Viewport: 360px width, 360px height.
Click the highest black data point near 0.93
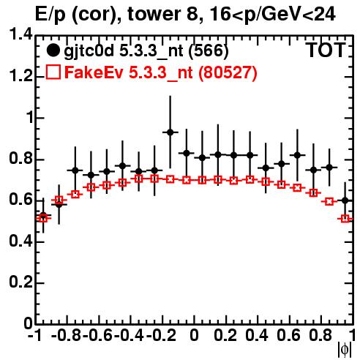pos(170,132)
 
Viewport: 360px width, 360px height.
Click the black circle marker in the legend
pos(53,50)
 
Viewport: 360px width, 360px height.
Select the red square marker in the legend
pos(53,72)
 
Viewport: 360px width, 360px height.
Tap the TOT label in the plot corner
pos(326,50)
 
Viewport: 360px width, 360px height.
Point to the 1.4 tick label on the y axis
pos(20,34)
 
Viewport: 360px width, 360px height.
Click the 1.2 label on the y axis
pos(20,76)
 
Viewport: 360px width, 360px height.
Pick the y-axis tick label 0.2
pos(20,282)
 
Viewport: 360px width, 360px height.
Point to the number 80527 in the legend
pos(228,72)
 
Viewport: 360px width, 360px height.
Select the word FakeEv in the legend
pos(94,72)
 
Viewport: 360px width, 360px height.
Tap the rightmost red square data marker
pos(345,219)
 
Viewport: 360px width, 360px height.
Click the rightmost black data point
pos(345,200)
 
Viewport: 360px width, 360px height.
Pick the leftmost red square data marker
pos(43,218)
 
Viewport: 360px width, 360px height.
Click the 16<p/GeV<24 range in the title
pos(272,15)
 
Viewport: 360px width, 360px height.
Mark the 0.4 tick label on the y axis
pos(20,241)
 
